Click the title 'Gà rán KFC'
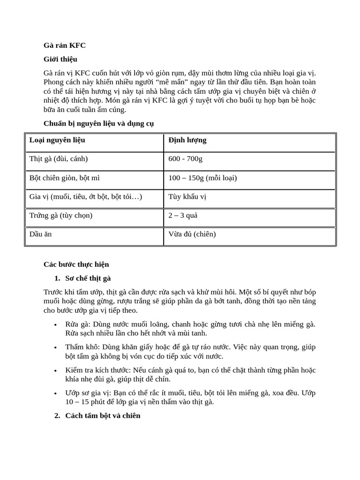click(65, 45)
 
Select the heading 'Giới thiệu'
click(60, 59)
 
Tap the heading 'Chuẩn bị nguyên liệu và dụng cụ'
click(98, 123)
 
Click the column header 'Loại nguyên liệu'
click(57, 140)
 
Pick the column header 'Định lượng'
click(187, 140)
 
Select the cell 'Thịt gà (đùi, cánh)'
click(59, 159)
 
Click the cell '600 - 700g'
click(186, 159)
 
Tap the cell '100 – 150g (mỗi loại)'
click(203, 178)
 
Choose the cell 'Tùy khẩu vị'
click(187, 196)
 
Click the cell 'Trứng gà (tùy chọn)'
click(61, 215)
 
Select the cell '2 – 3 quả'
click(183, 215)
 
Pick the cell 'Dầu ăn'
click(40, 234)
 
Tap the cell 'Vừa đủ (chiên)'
click(192, 234)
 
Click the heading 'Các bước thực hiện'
click(76, 264)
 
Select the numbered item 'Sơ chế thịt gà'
click(88, 278)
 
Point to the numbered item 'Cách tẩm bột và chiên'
click(103, 416)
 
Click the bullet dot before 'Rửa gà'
click(56, 324)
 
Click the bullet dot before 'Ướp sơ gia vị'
click(56, 393)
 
